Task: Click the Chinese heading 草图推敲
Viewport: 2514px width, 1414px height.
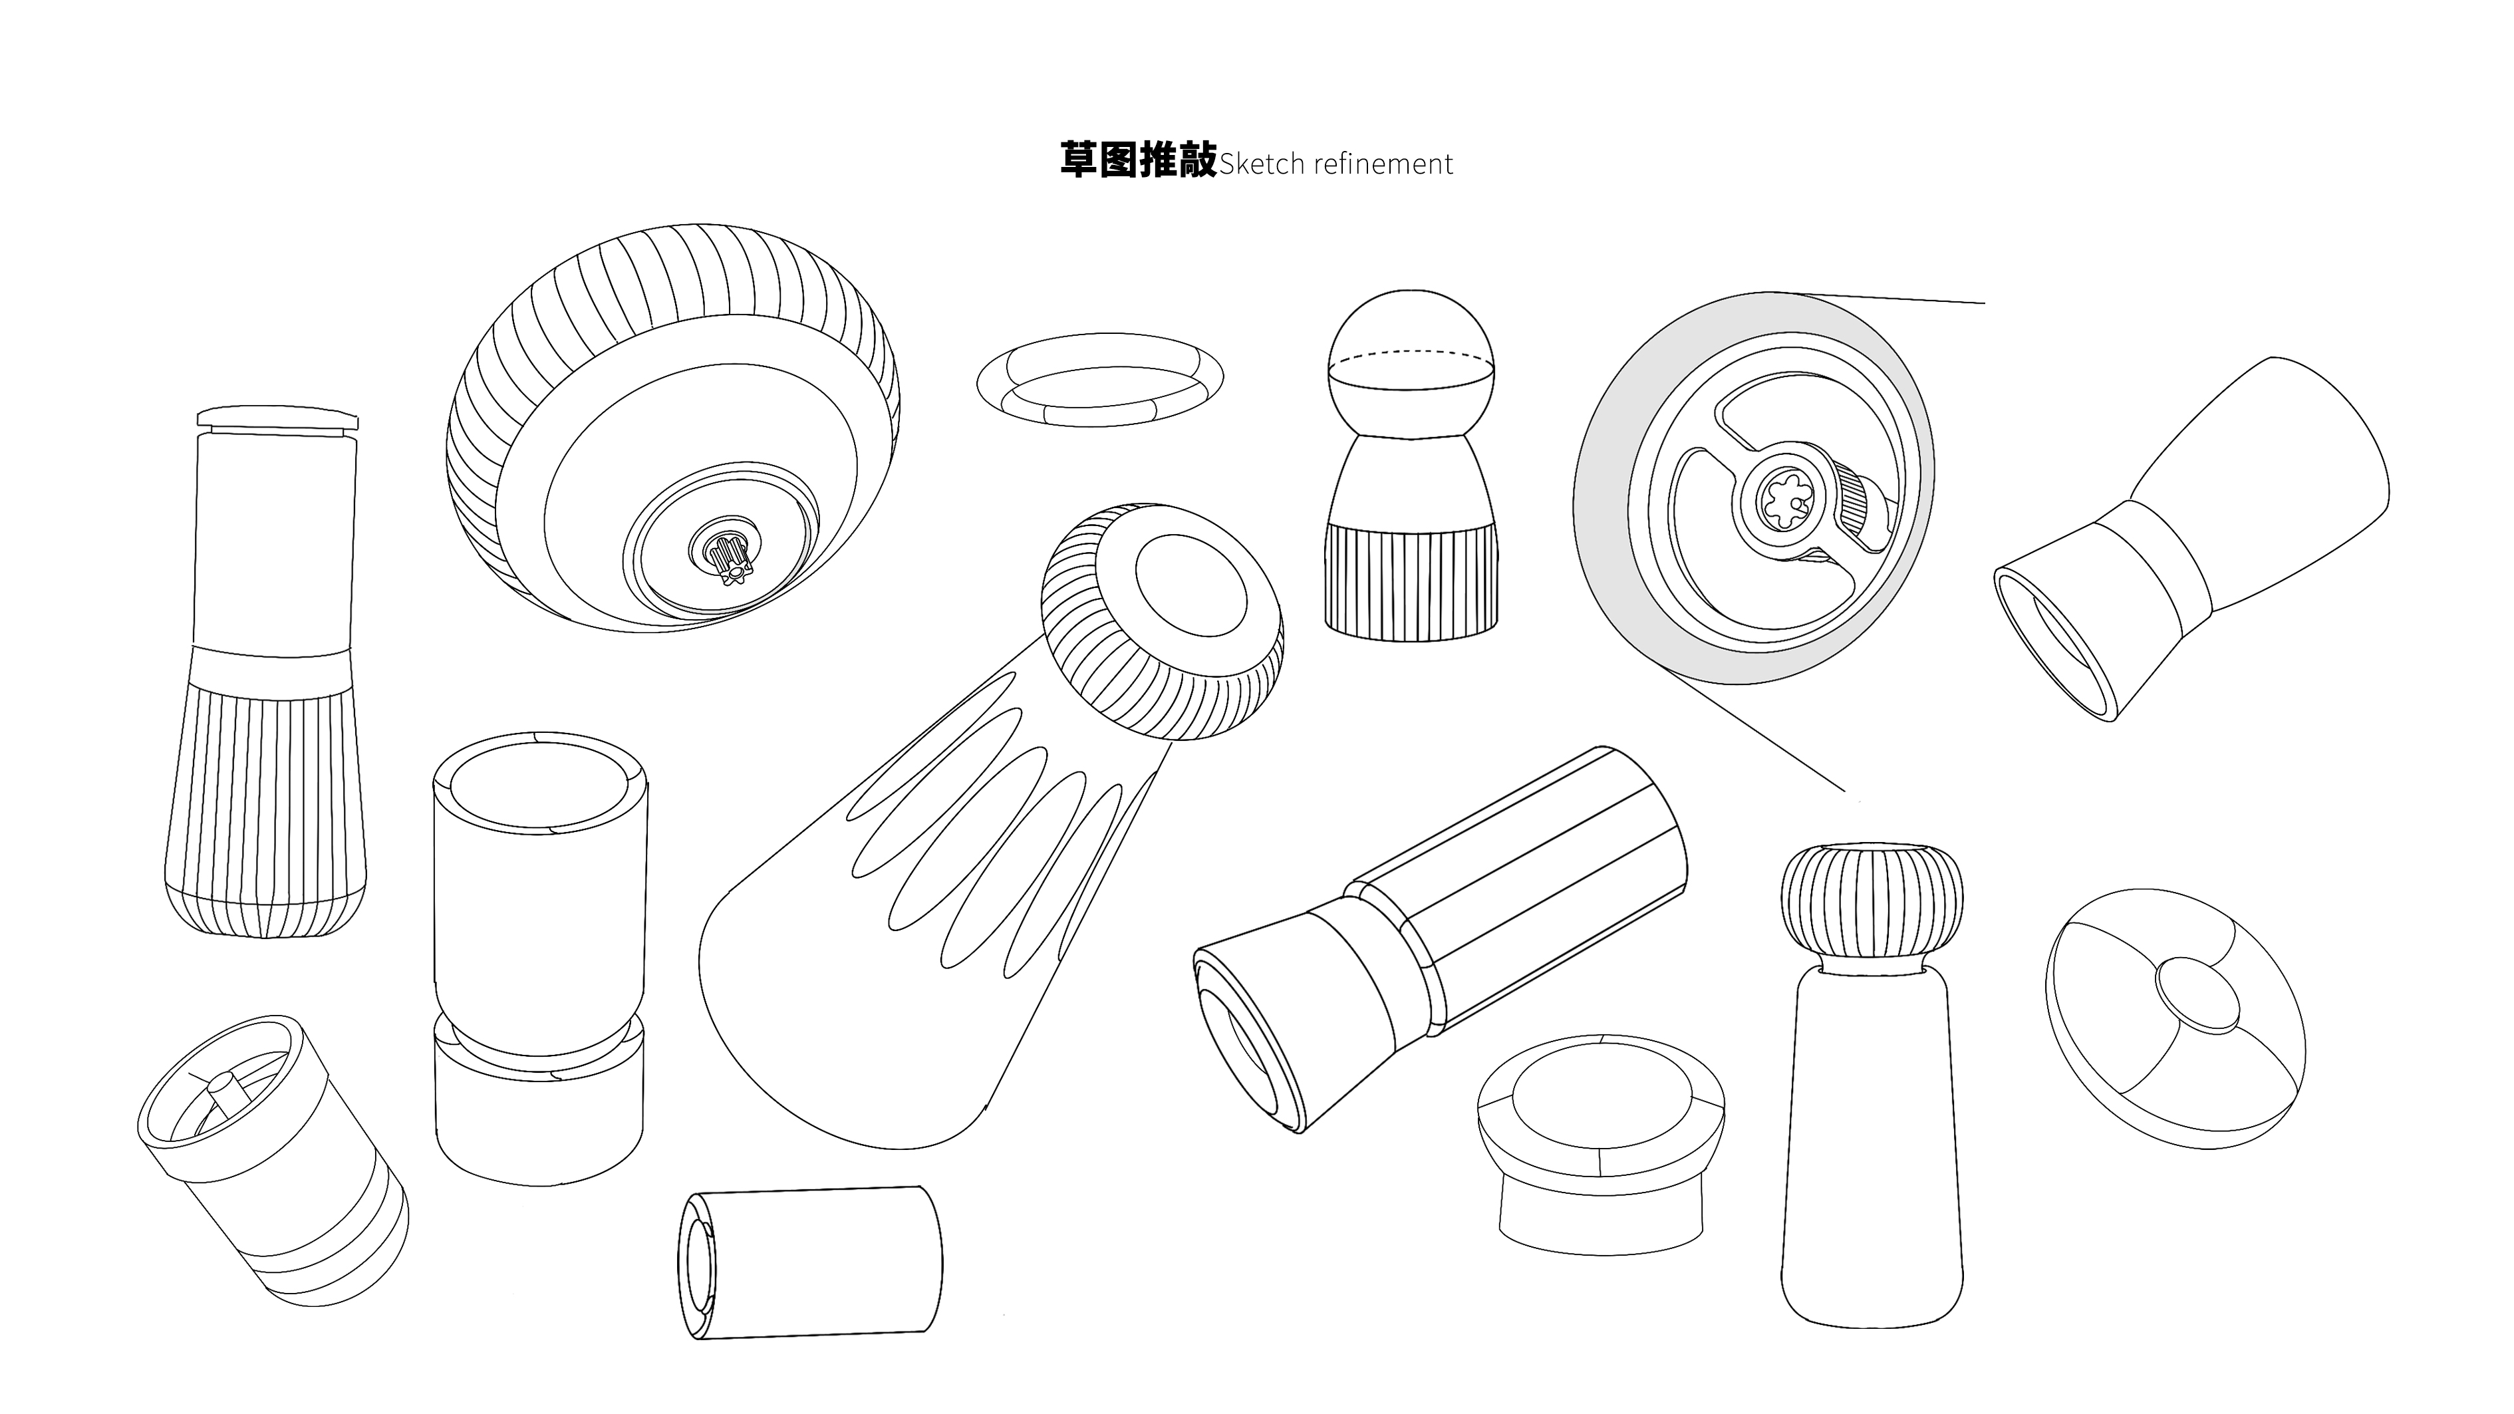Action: coord(1138,160)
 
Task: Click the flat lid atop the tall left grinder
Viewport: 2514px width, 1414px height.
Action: coord(277,418)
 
